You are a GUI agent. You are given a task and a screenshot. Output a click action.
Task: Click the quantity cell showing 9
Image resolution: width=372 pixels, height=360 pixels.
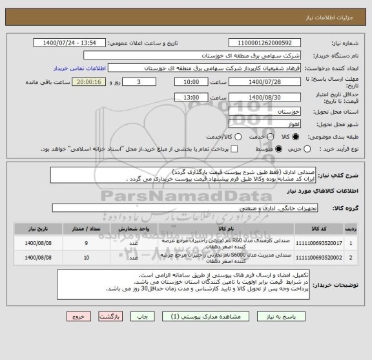point(87,243)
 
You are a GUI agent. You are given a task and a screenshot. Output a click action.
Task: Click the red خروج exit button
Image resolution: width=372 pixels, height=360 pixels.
point(76,317)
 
